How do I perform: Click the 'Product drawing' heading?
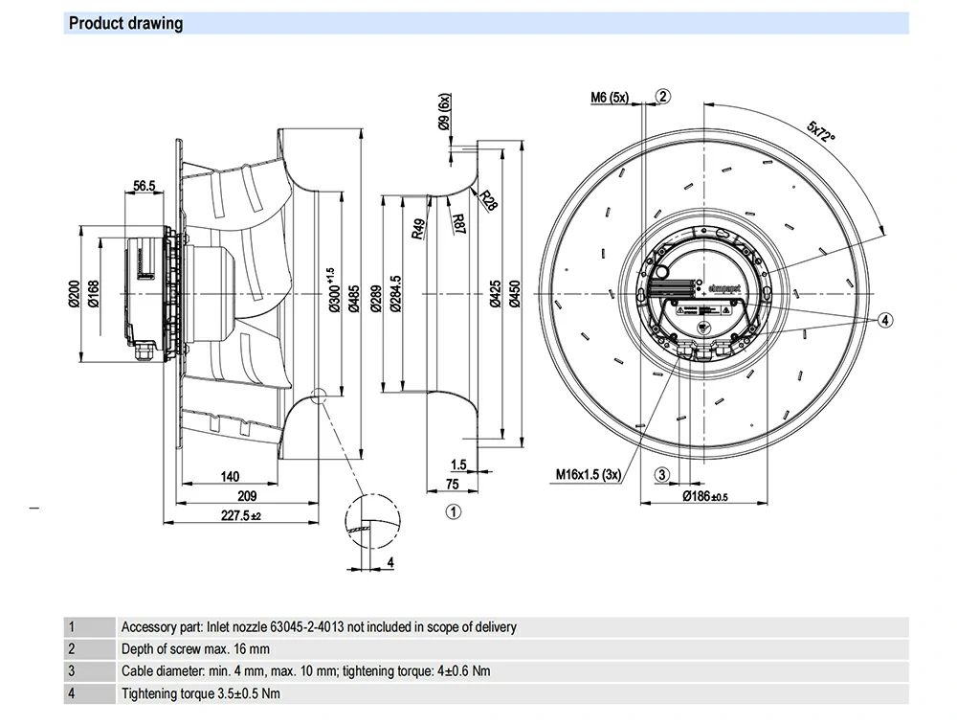point(125,23)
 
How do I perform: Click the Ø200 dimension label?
point(73,292)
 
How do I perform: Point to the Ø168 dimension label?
point(93,292)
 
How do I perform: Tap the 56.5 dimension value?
point(145,186)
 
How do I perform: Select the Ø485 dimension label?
point(354,292)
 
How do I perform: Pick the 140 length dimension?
point(230,475)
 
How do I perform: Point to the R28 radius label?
point(490,200)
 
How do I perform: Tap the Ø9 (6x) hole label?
point(443,113)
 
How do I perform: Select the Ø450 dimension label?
point(514,292)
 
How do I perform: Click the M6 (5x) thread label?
point(609,97)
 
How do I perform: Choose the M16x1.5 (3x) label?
point(589,473)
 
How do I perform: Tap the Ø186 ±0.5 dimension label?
point(706,496)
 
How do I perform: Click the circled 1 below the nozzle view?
point(454,511)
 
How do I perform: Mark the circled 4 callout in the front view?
point(885,319)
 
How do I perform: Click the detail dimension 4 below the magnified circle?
point(390,562)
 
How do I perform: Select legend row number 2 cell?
point(71,648)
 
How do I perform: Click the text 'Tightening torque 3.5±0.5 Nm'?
point(201,692)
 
